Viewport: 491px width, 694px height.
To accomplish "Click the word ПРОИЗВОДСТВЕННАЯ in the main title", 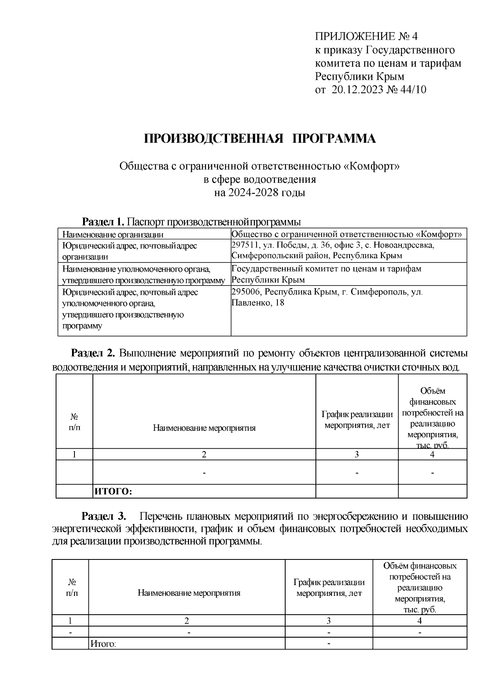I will (x=214, y=139).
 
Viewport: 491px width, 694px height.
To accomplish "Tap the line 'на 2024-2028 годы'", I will (x=260, y=193).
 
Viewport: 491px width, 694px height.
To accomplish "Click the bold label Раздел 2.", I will (x=94, y=353).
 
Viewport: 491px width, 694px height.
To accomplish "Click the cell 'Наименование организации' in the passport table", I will (x=113, y=234).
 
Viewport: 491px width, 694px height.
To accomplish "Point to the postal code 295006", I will (x=245, y=292).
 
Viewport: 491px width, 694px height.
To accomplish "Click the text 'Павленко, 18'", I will (x=258, y=303).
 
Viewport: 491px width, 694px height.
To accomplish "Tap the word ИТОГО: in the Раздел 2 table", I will (x=113, y=492).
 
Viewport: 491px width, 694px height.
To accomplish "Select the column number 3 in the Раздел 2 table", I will (x=356, y=454).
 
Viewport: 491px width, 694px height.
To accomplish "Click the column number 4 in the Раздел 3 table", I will (x=419, y=621).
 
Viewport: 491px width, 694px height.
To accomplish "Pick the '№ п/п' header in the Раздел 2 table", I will (x=74, y=422).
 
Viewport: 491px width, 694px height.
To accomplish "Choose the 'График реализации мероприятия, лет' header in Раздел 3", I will (x=329, y=587).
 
